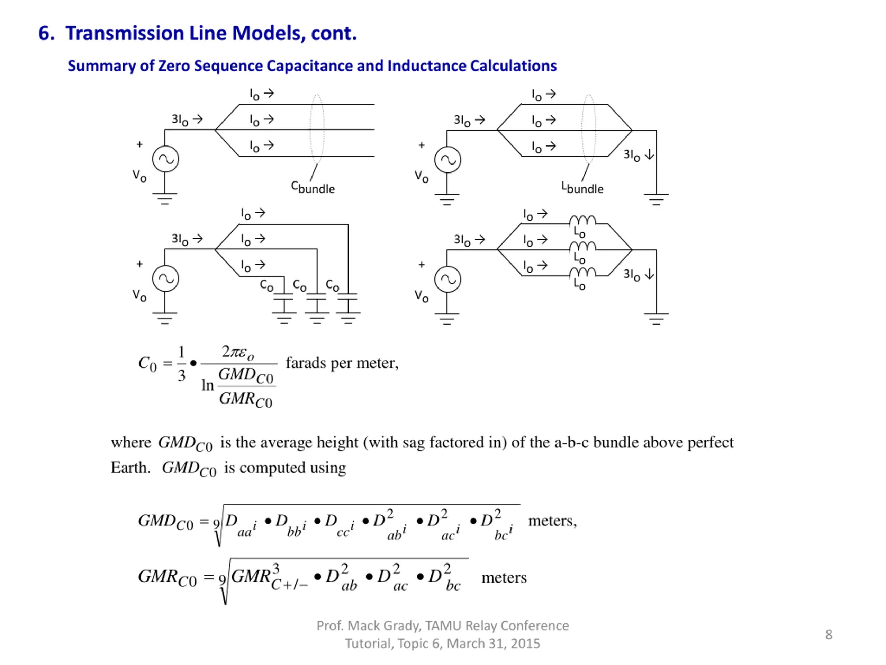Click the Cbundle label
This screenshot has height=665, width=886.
[313, 187]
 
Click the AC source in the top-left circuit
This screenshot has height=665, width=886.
[165, 159]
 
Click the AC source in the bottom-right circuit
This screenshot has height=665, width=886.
[447, 280]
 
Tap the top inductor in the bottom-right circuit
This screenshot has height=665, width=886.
[582, 221]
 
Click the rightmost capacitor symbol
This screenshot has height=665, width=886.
[348, 297]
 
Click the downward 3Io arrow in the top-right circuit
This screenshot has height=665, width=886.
[650, 154]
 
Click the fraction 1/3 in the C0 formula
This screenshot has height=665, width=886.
[181, 364]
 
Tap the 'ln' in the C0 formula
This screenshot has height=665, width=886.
[207, 385]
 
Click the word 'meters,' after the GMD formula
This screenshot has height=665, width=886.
[552, 521]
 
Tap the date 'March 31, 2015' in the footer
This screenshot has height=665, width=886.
[493, 644]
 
